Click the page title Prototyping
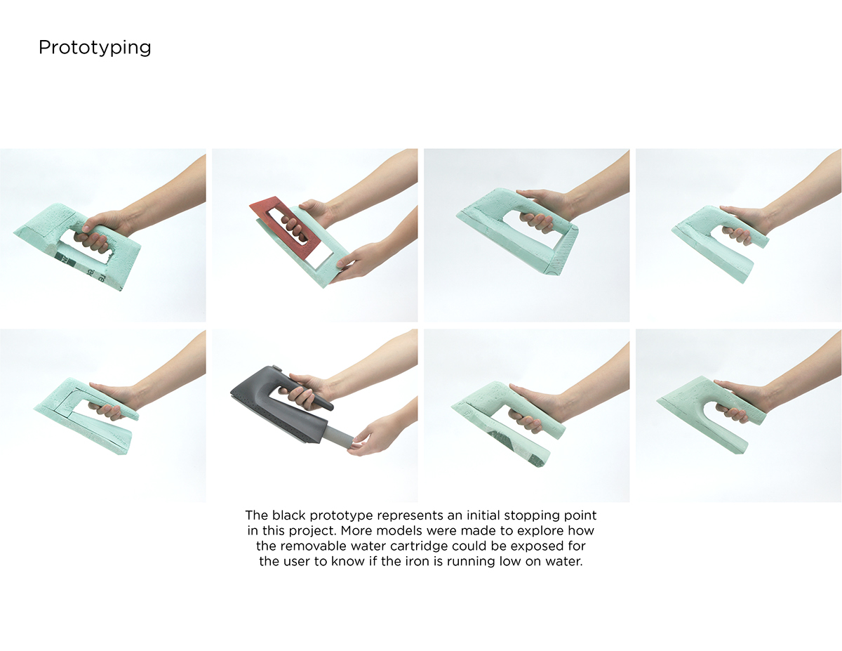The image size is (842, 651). pyautogui.click(x=95, y=48)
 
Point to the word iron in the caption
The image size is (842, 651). pyautogui.click(x=442, y=562)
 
